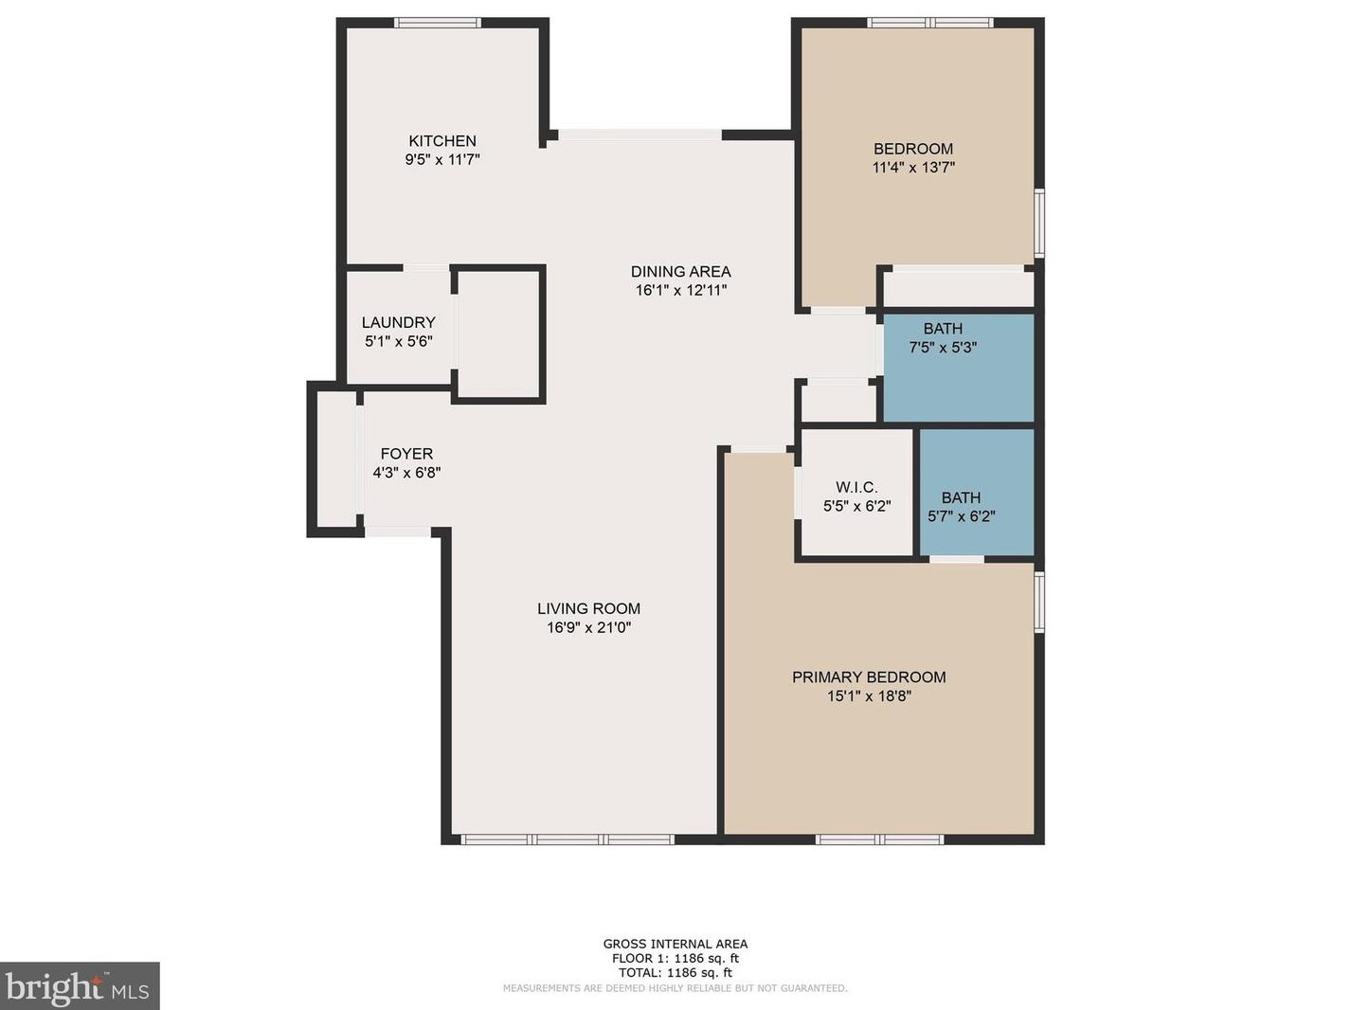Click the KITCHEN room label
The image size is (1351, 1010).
[442, 141]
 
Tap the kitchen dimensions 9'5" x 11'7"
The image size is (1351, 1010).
[442, 160]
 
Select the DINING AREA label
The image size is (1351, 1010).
[680, 272]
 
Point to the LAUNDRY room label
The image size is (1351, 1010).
[398, 323]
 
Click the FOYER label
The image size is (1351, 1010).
[406, 454]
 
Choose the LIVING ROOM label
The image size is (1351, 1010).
[588, 609]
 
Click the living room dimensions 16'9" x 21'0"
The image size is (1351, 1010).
[588, 627]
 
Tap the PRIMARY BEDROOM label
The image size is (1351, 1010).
[869, 677]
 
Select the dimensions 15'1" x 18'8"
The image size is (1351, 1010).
[869, 696]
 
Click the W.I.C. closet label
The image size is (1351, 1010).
[856, 488]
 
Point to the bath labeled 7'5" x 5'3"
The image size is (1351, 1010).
[943, 338]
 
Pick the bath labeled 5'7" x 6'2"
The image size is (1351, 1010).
[961, 507]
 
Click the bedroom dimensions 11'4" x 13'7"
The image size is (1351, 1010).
[913, 168]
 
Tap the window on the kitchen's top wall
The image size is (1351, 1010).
[438, 23]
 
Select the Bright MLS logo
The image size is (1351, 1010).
[80, 986]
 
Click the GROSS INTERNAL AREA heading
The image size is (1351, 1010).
[675, 944]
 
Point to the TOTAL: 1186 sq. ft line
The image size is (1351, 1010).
[675, 972]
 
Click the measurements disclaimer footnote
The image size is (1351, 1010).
[675, 988]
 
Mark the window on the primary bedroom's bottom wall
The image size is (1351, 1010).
[880, 839]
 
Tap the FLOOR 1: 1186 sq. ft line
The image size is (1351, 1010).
[675, 958]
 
